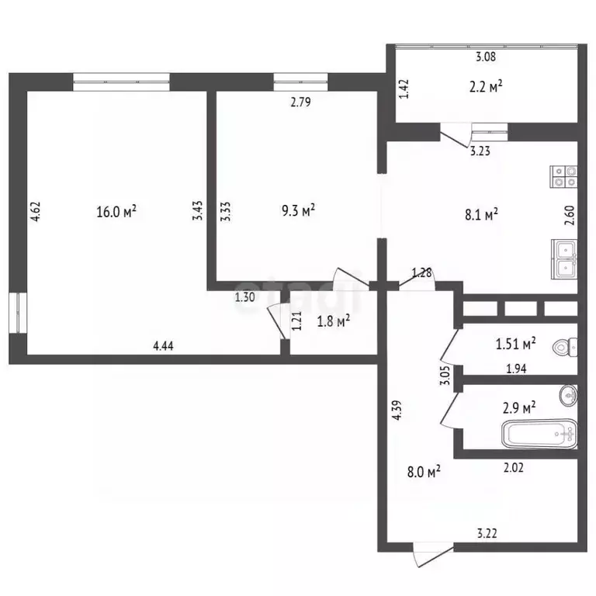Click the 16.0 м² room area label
coord(116,211)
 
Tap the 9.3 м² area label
coord(298,210)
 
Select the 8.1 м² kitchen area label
coord(481,214)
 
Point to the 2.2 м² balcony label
coord(486,87)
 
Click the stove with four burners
coord(563,177)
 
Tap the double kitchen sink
coord(564,259)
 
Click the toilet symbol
coord(565,347)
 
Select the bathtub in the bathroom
coord(540,434)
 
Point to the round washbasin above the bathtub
coord(568,395)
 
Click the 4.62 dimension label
coord(36,211)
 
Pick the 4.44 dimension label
coord(163,345)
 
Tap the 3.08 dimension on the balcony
coord(486,57)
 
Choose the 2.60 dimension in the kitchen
coord(570,215)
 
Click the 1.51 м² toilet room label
coord(516,344)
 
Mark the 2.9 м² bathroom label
coord(519,408)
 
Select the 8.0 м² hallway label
coord(424,472)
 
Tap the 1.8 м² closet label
coord(334,321)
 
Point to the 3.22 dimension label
coord(487,533)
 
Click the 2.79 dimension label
coord(300,102)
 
